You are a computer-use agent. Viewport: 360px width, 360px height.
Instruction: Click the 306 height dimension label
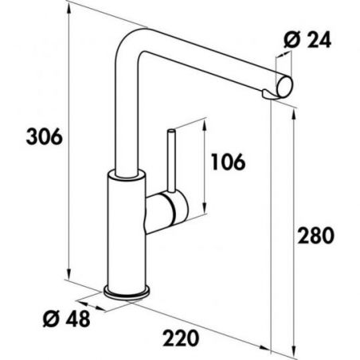point(45,137)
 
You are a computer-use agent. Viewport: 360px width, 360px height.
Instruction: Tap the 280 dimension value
point(315,235)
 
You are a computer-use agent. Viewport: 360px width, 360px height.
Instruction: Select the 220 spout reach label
point(181,338)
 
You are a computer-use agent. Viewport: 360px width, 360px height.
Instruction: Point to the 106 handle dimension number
point(229,162)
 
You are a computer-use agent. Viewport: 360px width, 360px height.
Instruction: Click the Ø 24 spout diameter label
point(307,40)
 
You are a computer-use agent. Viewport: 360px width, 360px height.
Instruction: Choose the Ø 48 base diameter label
point(67,319)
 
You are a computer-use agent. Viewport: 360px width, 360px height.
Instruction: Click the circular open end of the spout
point(284,86)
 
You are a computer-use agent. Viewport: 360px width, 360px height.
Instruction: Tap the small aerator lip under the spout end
point(268,95)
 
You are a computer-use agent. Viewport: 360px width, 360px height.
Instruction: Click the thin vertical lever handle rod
point(171,160)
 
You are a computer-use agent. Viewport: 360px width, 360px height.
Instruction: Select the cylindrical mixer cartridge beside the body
point(166,213)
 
